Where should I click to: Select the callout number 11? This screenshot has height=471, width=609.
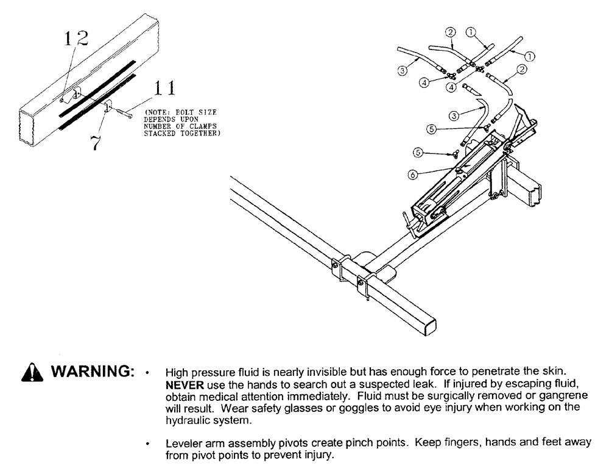(164, 88)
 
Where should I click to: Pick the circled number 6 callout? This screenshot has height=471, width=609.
(413, 174)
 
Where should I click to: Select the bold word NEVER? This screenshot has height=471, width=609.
(181, 386)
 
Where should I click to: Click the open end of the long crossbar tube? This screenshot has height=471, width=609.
(426, 325)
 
